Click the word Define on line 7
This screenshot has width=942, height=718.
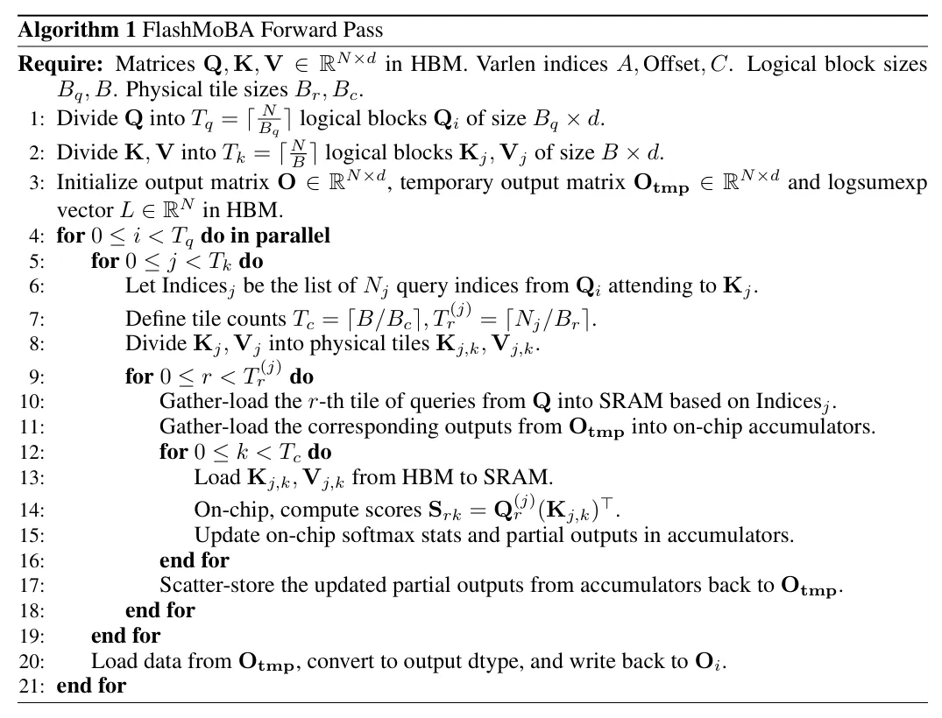pyautogui.click(x=152, y=320)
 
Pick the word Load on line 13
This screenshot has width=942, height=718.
pyautogui.click(x=214, y=477)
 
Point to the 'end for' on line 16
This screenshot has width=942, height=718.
pyautogui.click(x=194, y=560)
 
